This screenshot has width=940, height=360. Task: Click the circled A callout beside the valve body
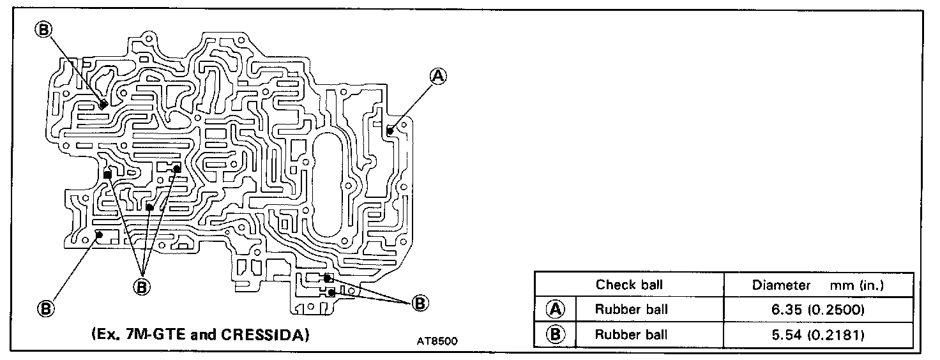[x=438, y=76]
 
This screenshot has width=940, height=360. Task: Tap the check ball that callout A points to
[x=390, y=130]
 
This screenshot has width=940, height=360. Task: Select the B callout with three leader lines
[x=142, y=287]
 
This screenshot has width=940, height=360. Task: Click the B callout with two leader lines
[x=420, y=303]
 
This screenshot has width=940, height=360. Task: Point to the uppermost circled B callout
[x=44, y=29]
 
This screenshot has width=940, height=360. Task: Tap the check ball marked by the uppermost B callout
[x=102, y=105]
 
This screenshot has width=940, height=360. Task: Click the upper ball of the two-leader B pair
[x=328, y=278]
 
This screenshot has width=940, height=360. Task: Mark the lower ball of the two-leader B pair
[x=331, y=292]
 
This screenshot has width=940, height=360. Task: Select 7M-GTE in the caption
[x=157, y=334]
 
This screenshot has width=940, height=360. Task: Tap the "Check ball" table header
[x=629, y=285]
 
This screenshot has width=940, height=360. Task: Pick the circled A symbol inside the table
[x=556, y=310]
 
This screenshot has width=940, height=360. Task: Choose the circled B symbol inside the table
[x=556, y=334]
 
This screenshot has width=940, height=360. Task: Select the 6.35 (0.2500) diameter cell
[x=818, y=310]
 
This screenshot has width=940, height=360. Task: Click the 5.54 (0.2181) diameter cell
[x=818, y=334]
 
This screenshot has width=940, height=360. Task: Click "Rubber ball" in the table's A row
[x=631, y=310]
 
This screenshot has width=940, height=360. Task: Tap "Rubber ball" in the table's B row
[x=631, y=334]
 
